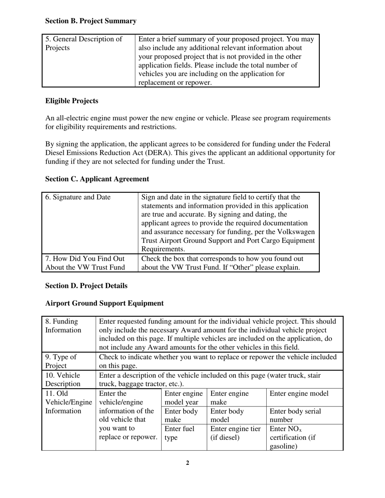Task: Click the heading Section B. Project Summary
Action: click(91, 21)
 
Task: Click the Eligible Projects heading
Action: click(72, 101)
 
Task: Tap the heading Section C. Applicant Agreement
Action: click(97, 179)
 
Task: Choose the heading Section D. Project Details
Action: click(86, 286)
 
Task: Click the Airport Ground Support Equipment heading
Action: click(105, 303)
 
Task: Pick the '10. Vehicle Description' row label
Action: click(63, 379)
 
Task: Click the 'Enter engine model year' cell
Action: click(184, 398)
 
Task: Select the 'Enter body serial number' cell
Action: click(295, 415)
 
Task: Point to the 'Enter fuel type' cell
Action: click(179, 433)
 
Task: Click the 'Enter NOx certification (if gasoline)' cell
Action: click(292, 438)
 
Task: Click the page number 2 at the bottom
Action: click(188, 463)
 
